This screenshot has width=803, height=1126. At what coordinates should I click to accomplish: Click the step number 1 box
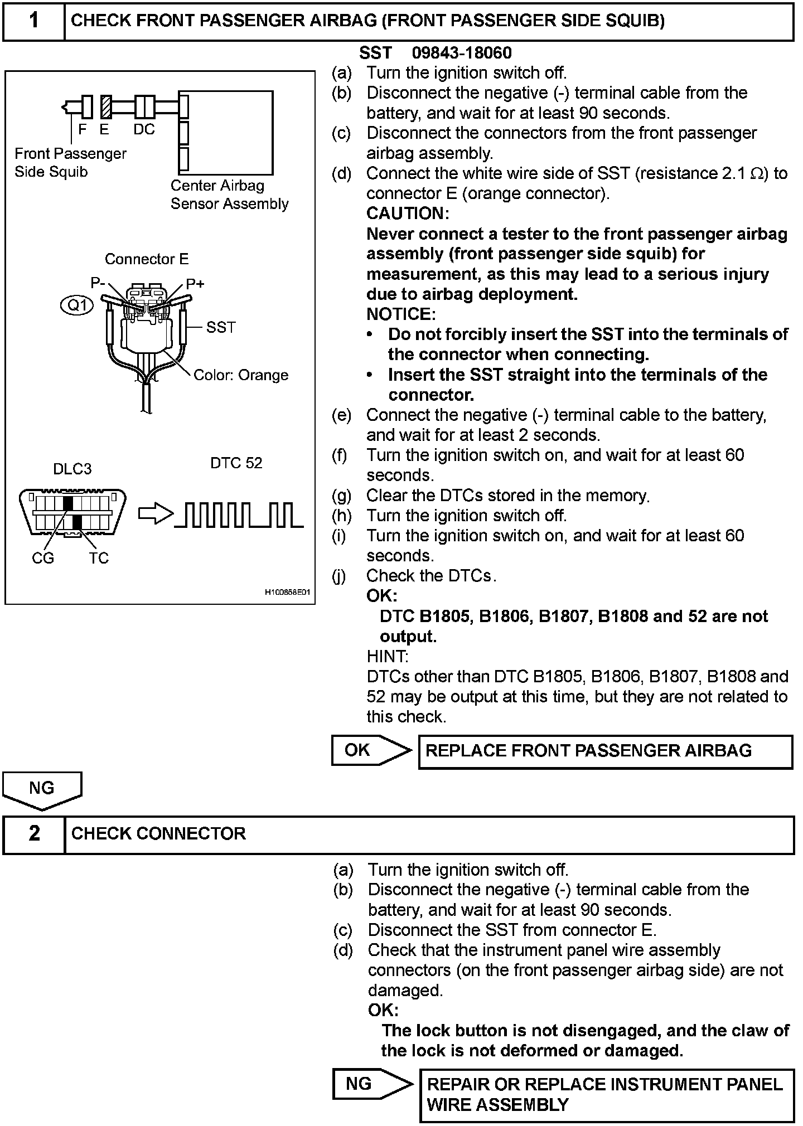(34, 21)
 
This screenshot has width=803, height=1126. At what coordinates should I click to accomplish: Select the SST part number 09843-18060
(461, 53)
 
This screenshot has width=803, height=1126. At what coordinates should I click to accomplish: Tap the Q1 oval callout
(78, 305)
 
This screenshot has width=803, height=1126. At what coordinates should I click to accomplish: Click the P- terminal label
(98, 283)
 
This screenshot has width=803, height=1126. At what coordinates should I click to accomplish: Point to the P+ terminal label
(195, 284)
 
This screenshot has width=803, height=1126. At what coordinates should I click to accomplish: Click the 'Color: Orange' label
(241, 375)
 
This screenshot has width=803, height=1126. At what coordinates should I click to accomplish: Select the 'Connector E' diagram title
(147, 259)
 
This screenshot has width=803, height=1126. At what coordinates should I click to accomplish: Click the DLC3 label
(72, 469)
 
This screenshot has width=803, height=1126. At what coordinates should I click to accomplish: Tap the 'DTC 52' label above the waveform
(236, 463)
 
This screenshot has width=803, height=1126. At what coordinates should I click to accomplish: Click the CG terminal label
(43, 558)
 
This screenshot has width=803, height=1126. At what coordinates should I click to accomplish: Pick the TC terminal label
(99, 558)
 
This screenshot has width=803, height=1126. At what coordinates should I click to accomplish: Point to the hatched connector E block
(106, 106)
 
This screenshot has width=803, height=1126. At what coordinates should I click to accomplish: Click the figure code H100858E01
(287, 593)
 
